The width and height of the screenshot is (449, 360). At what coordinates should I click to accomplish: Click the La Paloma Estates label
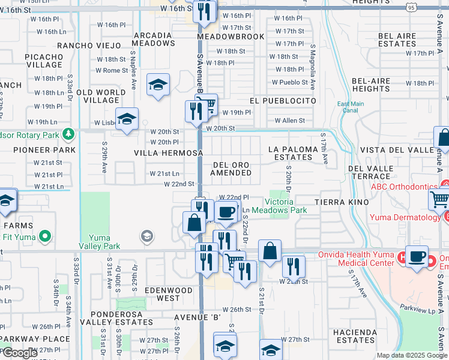pyautogui.click(x=291, y=153)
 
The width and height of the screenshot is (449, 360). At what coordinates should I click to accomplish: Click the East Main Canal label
pyautogui.click(x=351, y=107)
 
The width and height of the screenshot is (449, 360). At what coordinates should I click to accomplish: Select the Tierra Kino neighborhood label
pyautogui.click(x=340, y=202)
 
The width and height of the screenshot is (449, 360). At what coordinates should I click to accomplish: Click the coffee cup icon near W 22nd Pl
pyautogui.click(x=226, y=212)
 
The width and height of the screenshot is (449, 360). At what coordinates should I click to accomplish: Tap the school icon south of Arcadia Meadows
pyautogui.click(x=158, y=85)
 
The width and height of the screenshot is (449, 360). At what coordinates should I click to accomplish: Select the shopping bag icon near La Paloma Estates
pyautogui.click(x=443, y=139)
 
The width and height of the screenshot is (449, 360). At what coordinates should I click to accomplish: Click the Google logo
pyautogui.click(x=19, y=353)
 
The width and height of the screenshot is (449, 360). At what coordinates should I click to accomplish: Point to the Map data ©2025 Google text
pyautogui.click(x=412, y=355)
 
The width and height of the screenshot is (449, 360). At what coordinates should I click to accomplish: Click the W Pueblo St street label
pyautogui.click(x=290, y=82)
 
